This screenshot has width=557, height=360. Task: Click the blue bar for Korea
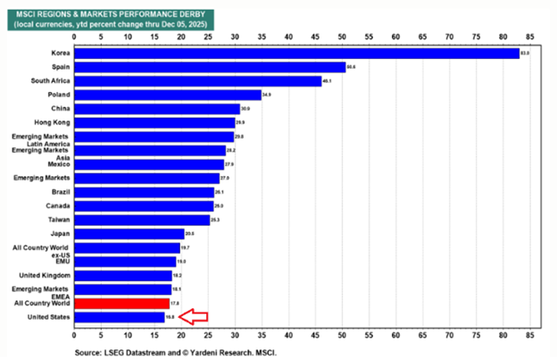pyautogui.click(x=295, y=53)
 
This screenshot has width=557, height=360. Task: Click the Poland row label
pyautogui.click(x=58, y=95)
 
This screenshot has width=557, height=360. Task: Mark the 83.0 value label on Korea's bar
pyautogui.click(x=525, y=54)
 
